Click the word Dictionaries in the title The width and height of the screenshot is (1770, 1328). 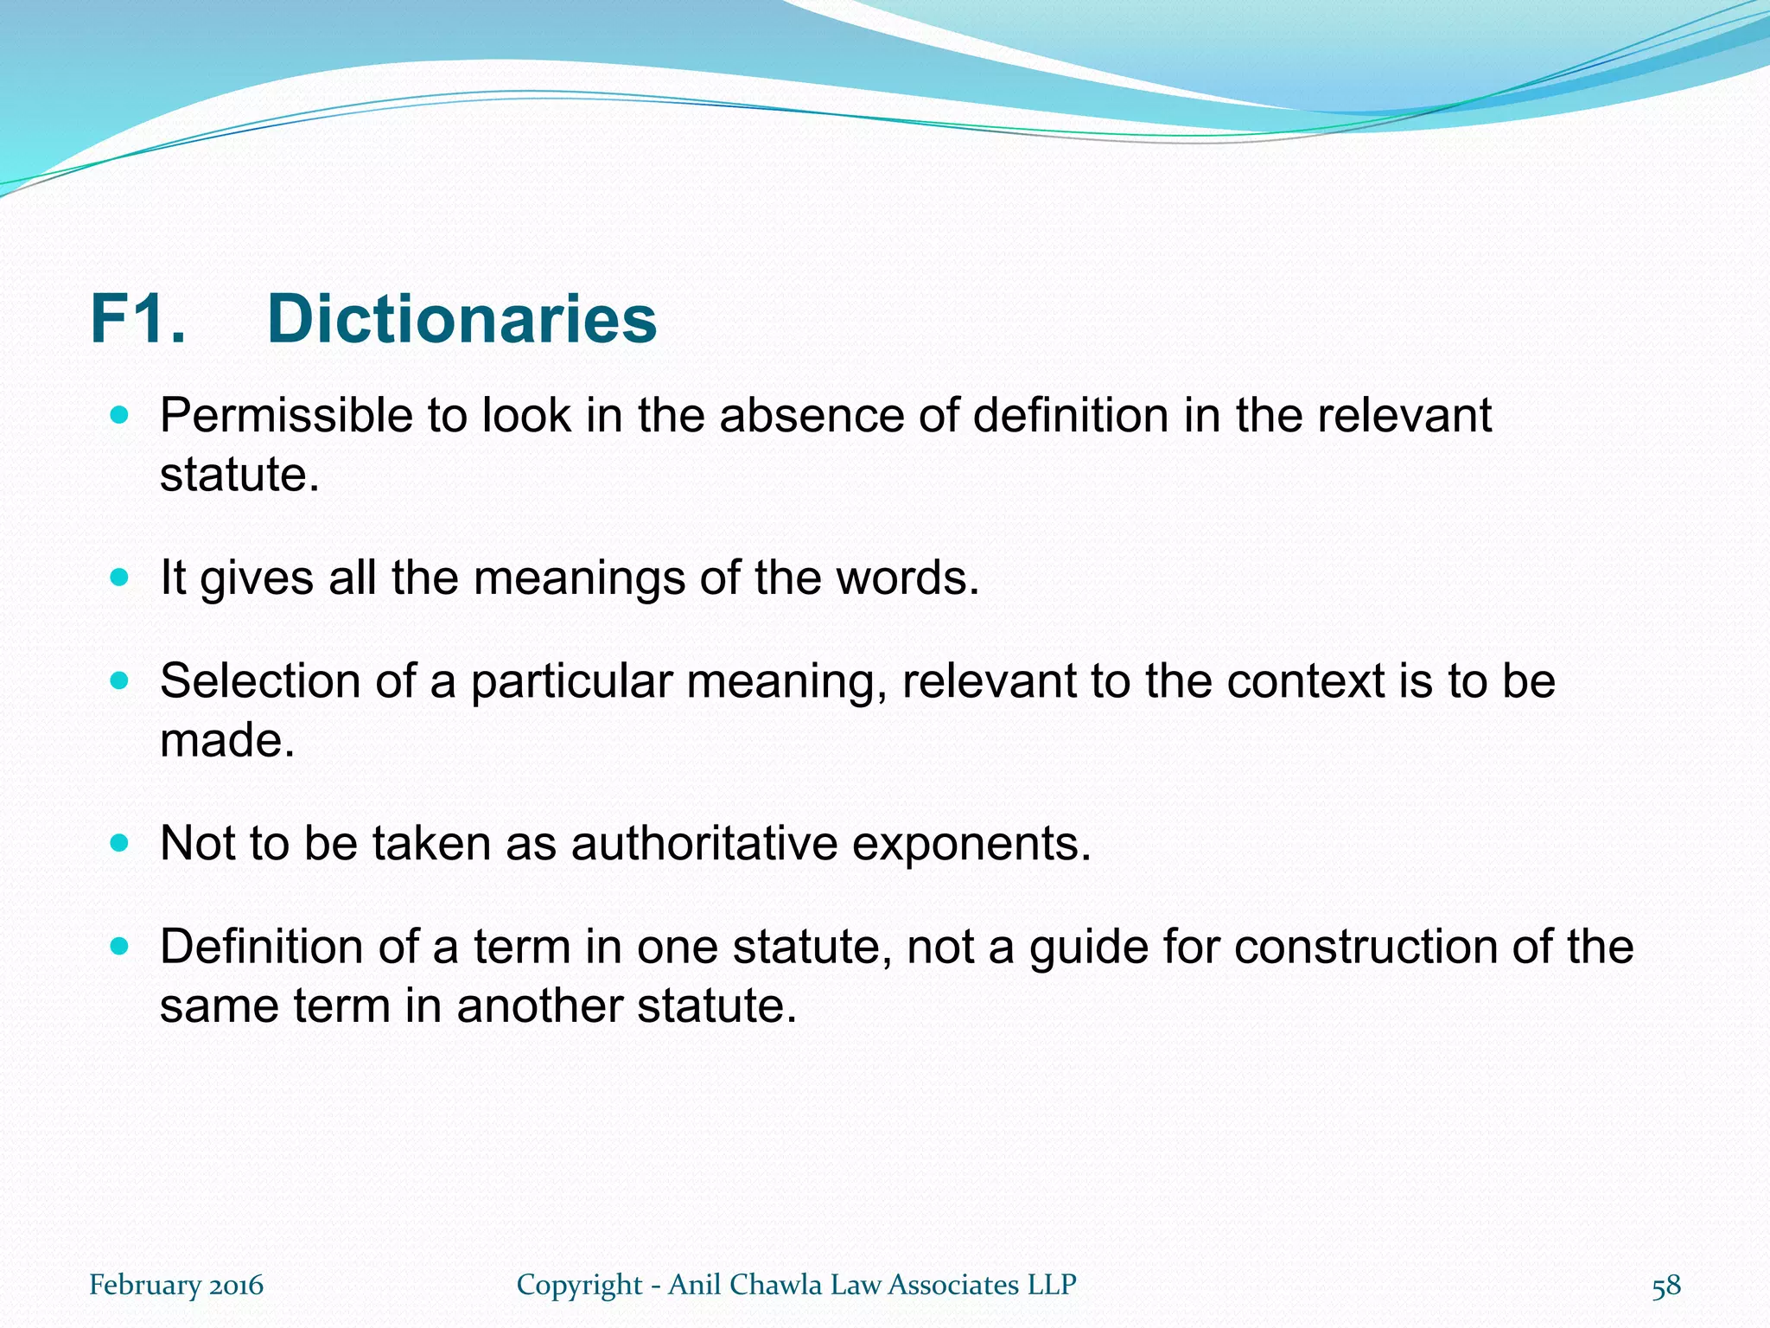pyautogui.click(x=462, y=320)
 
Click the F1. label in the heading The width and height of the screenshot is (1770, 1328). pyautogui.click(x=138, y=320)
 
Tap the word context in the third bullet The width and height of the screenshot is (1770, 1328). pyautogui.click(x=1306, y=681)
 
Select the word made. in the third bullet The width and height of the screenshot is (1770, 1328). pyautogui.click(x=227, y=741)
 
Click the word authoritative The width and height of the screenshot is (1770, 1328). pyautogui.click(x=704, y=843)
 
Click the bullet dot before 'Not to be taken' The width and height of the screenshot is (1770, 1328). pyautogui.click(x=120, y=842)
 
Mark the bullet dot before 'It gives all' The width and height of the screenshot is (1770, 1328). pyautogui.click(x=120, y=577)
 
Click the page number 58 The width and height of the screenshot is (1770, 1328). pyautogui.click(x=1666, y=1286)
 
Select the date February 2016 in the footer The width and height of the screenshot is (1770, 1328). pyautogui.click(x=176, y=1286)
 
